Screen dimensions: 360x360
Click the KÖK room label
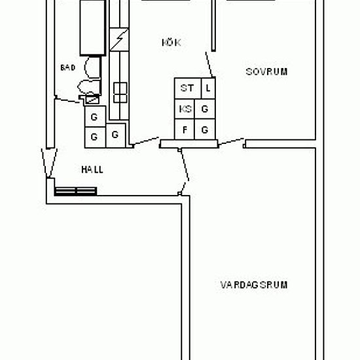click(x=171, y=43)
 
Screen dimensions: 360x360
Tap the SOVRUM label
click(x=266, y=72)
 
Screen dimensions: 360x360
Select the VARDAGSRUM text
click(x=254, y=285)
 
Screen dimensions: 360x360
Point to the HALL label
click(x=92, y=170)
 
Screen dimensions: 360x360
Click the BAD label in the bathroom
click(x=67, y=67)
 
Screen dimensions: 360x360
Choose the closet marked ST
click(x=188, y=88)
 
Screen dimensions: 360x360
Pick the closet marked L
click(x=208, y=88)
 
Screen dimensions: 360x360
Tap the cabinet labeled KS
click(x=185, y=109)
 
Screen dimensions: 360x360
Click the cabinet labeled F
click(x=185, y=129)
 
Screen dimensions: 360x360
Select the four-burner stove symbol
click(x=120, y=92)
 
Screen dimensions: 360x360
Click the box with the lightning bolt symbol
click(x=119, y=39)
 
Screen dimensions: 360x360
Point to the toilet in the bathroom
click(x=89, y=87)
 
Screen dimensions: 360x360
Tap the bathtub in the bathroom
click(x=93, y=27)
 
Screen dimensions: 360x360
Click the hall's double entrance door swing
click(x=49, y=163)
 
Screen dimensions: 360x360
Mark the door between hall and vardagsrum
click(x=184, y=171)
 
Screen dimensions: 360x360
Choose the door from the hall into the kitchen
click(x=145, y=141)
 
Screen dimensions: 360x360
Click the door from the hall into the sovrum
click(x=231, y=142)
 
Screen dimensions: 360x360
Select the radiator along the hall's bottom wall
click(x=75, y=191)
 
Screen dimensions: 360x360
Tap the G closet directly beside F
click(x=205, y=129)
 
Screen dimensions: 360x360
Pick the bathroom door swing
click(x=67, y=100)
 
